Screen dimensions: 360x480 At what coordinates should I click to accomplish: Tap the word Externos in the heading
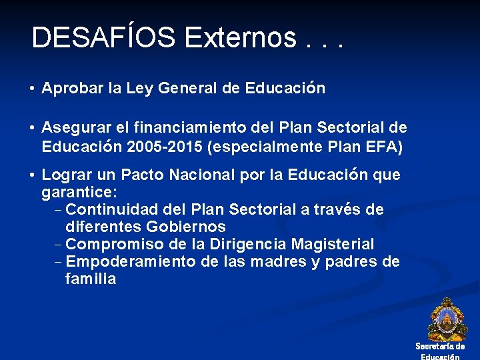pyautogui.click(x=239, y=38)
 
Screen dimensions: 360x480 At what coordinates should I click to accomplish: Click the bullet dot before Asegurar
pyautogui.click(x=32, y=128)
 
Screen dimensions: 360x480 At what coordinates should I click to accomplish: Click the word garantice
pyautogui.click(x=79, y=193)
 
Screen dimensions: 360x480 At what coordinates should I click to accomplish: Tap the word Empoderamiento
pyautogui.click(x=131, y=262)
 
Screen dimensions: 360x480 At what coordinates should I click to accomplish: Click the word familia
pyautogui.click(x=91, y=279)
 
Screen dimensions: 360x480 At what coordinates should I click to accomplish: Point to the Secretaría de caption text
pyautogui.click(x=440, y=346)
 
